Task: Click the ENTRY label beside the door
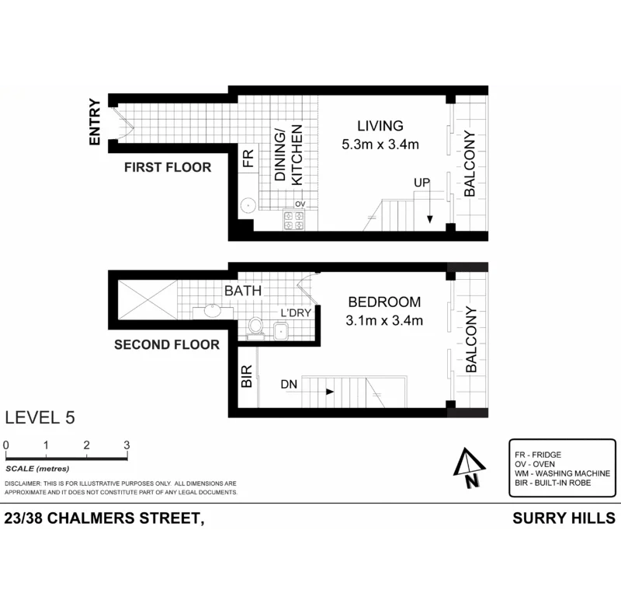(x=95, y=122)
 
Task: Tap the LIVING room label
(x=380, y=126)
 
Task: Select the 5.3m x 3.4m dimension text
(x=380, y=145)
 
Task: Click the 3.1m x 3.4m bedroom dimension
(x=384, y=320)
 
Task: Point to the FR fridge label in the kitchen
(x=248, y=160)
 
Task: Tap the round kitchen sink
(x=248, y=206)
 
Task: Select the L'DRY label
(x=295, y=313)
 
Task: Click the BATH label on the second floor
(x=242, y=291)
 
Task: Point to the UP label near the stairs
(x=422, y=183)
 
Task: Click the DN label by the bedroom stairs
(x=290, y=383)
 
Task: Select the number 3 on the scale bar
(x=126, y=445)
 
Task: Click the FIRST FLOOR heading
(x=168, y=167)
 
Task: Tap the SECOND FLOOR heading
(x=167, y=344)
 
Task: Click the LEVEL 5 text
(x=40, y=417)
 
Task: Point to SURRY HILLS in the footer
(x=564, y=518)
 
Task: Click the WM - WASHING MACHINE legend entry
(x=562, y=473)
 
